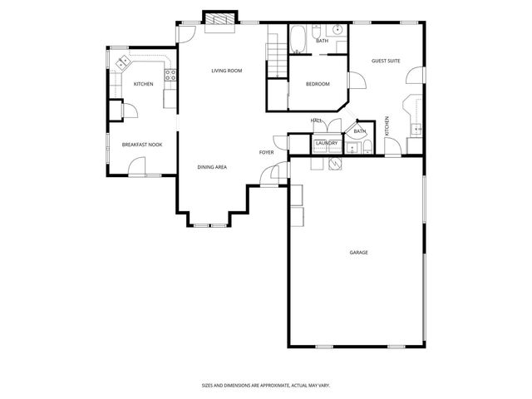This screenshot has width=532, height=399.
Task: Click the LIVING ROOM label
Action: pyautogui.click(x=226, y=71)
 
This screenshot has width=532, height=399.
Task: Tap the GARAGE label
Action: pyautogui.click(x=359, y=252)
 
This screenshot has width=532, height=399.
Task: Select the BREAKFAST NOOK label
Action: pyautogui.click(x=142, y=145)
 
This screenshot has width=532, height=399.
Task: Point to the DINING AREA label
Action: pyautogui.click(x=212, y=167)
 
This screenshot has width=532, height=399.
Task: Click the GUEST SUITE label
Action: pyautogui.click(x=386, y=61)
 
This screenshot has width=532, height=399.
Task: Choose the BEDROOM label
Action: pyautogui.click(x=318, y=84)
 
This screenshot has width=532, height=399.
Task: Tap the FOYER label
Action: pyautogui.click(x=266, y=152)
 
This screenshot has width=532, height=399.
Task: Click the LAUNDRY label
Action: pyautogui.click(x=327, y=143)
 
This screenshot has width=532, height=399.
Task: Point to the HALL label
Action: pyautogui.click(x=316, y=121)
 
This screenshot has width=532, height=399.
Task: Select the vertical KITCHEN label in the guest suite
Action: pyautogui.click(x=387, y=127)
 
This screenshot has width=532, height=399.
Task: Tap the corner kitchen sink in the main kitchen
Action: pyautogui.click(x=122, y=62)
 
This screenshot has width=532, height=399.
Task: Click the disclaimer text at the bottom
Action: pyautogui.click(x=265, y=385)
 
